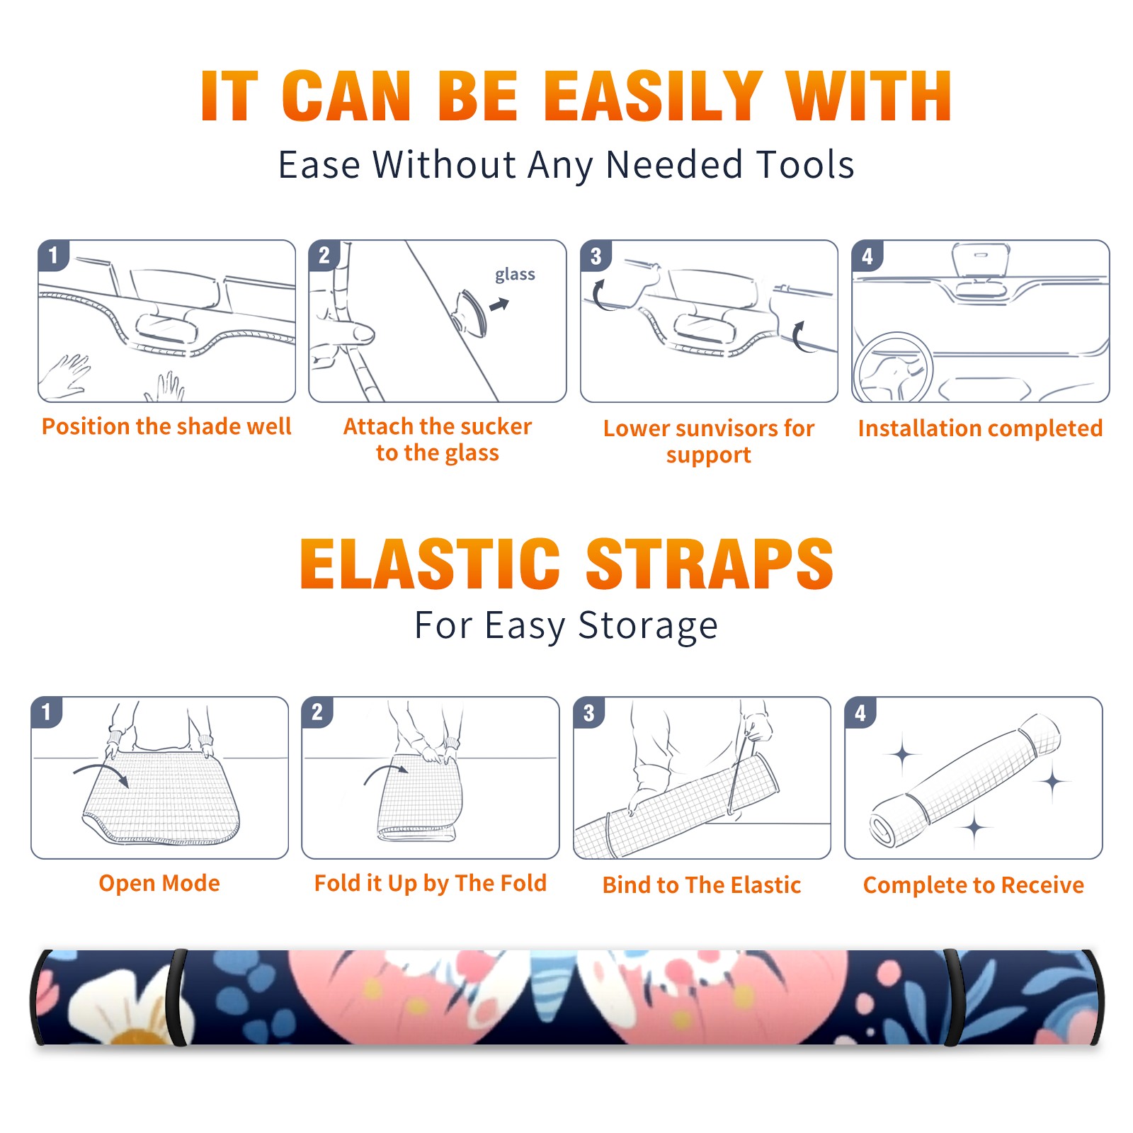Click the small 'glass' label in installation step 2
point(515,275)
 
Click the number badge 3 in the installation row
point(596,256)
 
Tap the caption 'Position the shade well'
point(166,426)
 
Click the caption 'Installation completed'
point(980,428)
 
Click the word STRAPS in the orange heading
point(710,564)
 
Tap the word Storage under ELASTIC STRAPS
point(648,626)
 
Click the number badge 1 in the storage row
point(47,712)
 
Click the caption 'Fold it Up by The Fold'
point(431,883)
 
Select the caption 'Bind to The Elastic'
point(702,885)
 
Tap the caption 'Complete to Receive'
point(974,885)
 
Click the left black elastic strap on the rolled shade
point(177,997)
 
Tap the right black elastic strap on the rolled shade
point(952,997)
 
